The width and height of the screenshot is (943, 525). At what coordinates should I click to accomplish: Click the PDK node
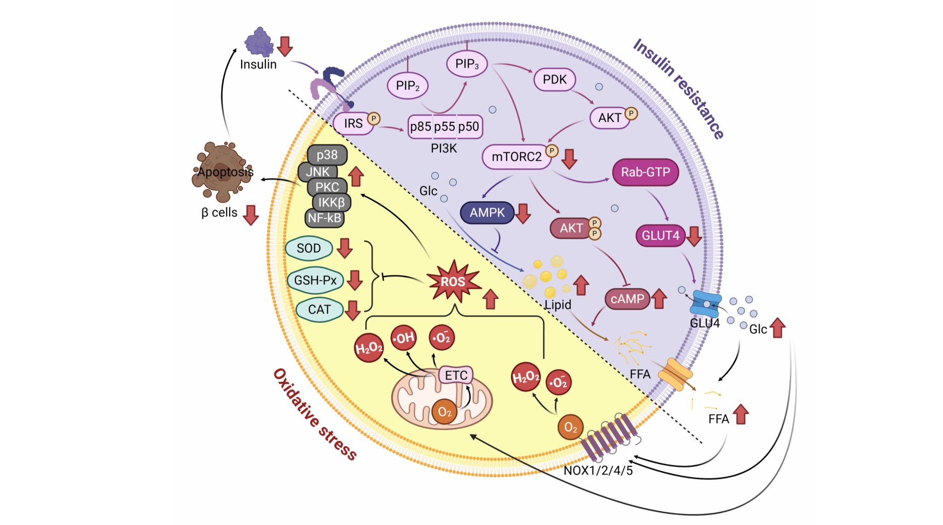[554, 80]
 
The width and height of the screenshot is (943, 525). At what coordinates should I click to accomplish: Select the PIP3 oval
[466, 64]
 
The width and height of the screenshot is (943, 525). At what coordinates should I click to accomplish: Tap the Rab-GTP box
[645, 173]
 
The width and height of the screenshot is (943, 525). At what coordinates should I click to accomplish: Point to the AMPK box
[487, 213]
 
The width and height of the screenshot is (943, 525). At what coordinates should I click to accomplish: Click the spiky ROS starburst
[454, 281]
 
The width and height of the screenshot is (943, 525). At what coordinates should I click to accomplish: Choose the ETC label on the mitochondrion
[456, 375]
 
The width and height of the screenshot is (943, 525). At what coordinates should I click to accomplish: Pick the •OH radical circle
[404, 338]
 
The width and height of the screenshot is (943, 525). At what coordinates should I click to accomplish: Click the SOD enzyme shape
[309, 248]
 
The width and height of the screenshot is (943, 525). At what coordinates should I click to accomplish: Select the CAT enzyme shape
[319, 310]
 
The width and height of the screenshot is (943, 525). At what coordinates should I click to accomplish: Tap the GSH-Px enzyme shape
[315, 280]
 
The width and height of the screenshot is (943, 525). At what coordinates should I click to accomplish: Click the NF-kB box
[325, 218]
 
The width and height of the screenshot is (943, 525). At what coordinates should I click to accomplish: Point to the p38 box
[327, 155]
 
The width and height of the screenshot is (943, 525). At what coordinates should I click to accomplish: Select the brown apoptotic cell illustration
[222, 171]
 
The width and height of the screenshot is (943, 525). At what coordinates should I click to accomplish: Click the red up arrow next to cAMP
[659, 299]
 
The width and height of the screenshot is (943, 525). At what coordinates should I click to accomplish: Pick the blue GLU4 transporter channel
[706, 304]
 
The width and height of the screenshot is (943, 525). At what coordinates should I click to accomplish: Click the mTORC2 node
[516, 157]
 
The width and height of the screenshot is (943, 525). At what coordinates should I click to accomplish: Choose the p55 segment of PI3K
[444, 127]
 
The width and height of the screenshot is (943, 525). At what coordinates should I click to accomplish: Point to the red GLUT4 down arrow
[694, 236]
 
